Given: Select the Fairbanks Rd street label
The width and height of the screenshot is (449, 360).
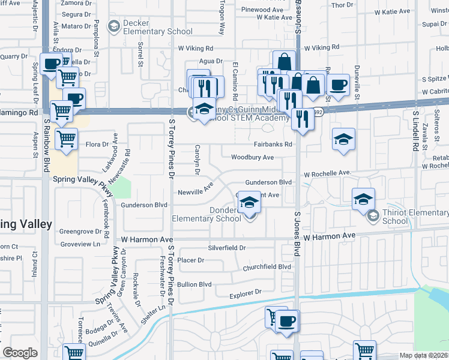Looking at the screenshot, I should point(273,144).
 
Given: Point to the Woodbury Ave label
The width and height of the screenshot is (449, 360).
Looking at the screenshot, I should point(252,157).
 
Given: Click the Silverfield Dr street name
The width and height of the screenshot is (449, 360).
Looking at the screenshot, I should point(227,247).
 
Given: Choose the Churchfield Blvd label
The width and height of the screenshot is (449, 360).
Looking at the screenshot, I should point(267,267).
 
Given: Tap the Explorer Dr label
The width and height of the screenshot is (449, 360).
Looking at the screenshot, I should point(246,294).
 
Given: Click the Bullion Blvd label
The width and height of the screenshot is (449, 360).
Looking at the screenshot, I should point(194,284).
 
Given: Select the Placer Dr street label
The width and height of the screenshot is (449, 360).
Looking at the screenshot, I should point(191,260).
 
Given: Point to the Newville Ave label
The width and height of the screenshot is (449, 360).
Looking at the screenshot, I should point(196,191).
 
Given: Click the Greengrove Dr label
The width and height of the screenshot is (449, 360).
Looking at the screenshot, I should point(80,231).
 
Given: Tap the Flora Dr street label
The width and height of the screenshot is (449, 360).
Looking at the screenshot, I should point(97,144).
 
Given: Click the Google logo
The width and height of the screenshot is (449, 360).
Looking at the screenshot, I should point(20,352).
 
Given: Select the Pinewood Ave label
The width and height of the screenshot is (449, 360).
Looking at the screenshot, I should point(262,10).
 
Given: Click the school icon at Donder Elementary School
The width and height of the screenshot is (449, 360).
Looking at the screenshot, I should point(248,203).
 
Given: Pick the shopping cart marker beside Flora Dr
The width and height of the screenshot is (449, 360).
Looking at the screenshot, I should point(66,139).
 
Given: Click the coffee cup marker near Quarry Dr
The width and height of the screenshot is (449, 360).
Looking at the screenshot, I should point(52,63).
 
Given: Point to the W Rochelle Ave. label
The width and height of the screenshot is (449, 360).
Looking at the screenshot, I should point(327,173).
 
